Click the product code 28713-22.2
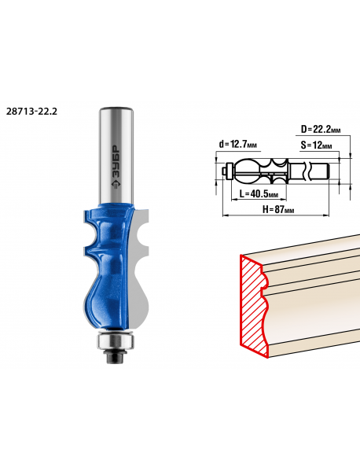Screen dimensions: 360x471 coord(31,112)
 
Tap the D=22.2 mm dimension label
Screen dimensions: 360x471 coord(321,130)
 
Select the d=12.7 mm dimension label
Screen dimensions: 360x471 coord(238,145)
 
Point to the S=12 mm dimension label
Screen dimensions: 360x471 coord(316,145)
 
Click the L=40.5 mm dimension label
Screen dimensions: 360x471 coord(259,193)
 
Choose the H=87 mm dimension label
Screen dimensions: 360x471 coord(278,209)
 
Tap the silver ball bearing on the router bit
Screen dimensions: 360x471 coord(116,341)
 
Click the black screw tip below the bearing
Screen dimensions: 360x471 coord(115,356)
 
